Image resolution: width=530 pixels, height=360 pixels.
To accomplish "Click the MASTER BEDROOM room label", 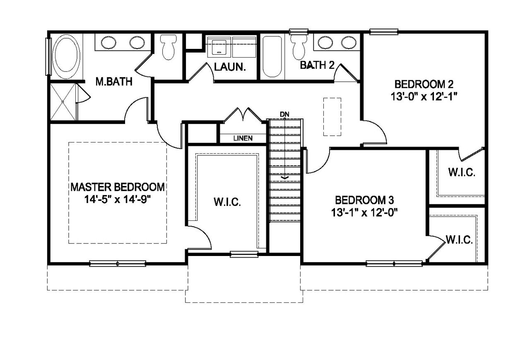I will pyautogui.click(x=118, y=187).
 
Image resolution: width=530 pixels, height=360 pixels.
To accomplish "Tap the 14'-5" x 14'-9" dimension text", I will pyautogui.click(x=118, y=200).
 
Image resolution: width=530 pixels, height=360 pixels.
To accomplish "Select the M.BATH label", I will pyautogui.click(x=114, y=82).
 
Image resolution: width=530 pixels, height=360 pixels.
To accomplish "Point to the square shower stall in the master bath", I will pyautogui.click(x=63, y=101).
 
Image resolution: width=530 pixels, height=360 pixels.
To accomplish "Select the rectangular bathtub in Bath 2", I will pyautogui.click(x=272, y=57).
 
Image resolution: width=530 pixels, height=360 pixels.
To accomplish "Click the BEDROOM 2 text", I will pyautogui.click(x=424, y=85).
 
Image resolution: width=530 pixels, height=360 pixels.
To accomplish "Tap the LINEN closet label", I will pyautogui.click(x=243, y=138).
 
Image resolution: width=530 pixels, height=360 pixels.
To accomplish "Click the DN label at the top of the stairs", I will pyautogui.click(x=284, y=114).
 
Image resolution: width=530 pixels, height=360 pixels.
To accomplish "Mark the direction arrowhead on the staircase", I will pyautogui.click(x=284, y=177).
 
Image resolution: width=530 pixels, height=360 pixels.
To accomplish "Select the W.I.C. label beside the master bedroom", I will pyautogui.click(x=227, y=202).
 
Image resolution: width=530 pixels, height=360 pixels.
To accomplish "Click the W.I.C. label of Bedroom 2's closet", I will pyautogui.click(x=461, y=172).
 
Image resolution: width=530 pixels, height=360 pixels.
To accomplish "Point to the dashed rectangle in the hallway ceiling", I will pyautogui.click(x=332, y=116).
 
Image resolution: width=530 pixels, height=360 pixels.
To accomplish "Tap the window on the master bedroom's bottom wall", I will pyautogui.click(x=118, y=263).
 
